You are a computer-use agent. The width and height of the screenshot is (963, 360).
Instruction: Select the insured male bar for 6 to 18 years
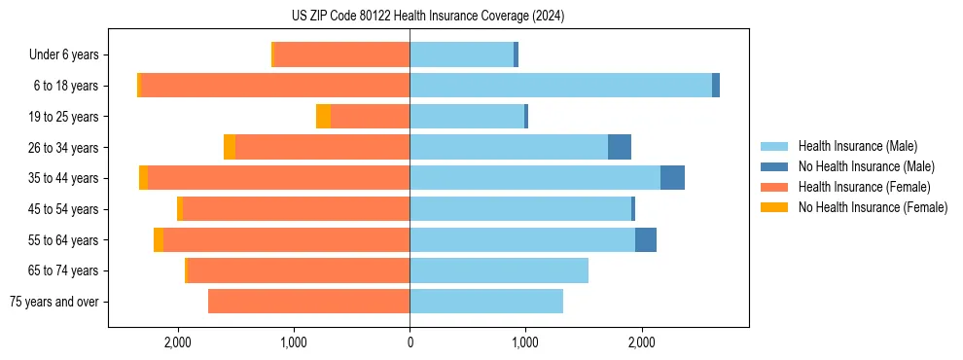click(560, 86)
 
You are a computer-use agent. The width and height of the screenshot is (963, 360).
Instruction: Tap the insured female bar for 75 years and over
click(308, 302)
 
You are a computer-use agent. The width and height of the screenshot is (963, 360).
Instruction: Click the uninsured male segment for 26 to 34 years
click(620, 147)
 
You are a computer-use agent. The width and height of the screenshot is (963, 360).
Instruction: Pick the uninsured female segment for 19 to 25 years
click(323, 117)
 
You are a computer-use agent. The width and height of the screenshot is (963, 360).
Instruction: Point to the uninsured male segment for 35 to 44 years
click(672, 178)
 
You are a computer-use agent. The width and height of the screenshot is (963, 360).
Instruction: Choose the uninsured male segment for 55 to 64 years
click(646, 239)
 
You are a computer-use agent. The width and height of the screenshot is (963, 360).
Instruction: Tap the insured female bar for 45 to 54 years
click(296, 209)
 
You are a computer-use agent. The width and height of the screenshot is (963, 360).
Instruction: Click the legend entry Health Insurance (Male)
click(857, 146)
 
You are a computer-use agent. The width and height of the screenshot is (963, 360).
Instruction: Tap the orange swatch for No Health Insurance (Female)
click(775, 207)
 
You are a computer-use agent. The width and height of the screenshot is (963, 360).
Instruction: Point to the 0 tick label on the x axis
click(410, 342)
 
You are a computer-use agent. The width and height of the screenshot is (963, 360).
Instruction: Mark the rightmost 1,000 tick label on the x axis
click(525, 342)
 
